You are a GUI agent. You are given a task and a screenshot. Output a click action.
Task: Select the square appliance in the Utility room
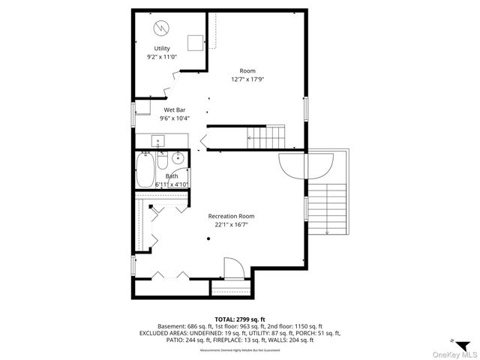(x=196, y=42)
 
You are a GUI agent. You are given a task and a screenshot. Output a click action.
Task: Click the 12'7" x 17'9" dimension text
(x=247, y=79)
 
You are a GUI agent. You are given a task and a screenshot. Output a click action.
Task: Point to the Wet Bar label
(x=175, y=109)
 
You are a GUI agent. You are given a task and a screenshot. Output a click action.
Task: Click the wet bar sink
(x=158, y=140)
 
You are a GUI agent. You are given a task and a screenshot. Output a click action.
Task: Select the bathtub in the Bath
(x=145, y=169)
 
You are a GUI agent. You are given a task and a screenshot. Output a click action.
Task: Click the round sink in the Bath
(x=178, y=158)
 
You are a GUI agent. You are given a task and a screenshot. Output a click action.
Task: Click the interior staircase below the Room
(x=266, y=137)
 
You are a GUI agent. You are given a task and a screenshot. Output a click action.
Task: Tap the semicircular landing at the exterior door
(x=306, y=165)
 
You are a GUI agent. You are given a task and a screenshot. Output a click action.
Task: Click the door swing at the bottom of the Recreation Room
(x=232, y=267)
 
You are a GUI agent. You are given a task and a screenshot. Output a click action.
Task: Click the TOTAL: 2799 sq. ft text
(x=240, y=318)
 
